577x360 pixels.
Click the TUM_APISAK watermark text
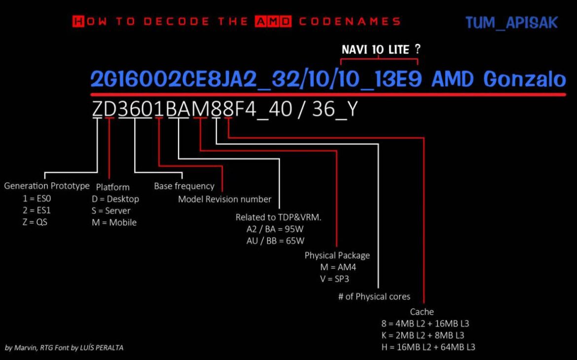[x=511, y=23]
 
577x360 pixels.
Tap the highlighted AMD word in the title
[x=273, y=21]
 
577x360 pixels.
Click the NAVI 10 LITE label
[x=375, y=50]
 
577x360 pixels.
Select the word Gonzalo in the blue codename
[x=524, y=79]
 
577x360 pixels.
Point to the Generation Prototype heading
[x=47, y=186]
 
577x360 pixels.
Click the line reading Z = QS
[x=35, y=222]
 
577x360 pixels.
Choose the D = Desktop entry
[x=115, y=199]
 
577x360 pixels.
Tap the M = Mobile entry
[x=114, y=222]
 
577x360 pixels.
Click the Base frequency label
[x=184, y=186]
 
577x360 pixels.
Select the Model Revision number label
[x=224, y=199]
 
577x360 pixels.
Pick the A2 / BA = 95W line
[x=275, y=229]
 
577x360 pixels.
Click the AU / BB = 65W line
[x=275, y=241]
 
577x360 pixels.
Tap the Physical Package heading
[x=337, y=255]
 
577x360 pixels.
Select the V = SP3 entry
[x=334, y=279]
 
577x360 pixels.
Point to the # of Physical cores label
[x=374, y=297]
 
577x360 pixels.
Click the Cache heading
[x=422, y=312]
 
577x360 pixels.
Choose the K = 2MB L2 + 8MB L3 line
[x=423, y=335]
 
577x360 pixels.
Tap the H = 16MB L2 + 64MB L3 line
[x=429, y=347]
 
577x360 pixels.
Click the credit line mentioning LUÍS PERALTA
[x=64, y=348]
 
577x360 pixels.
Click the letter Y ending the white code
[x=352, y=109]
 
